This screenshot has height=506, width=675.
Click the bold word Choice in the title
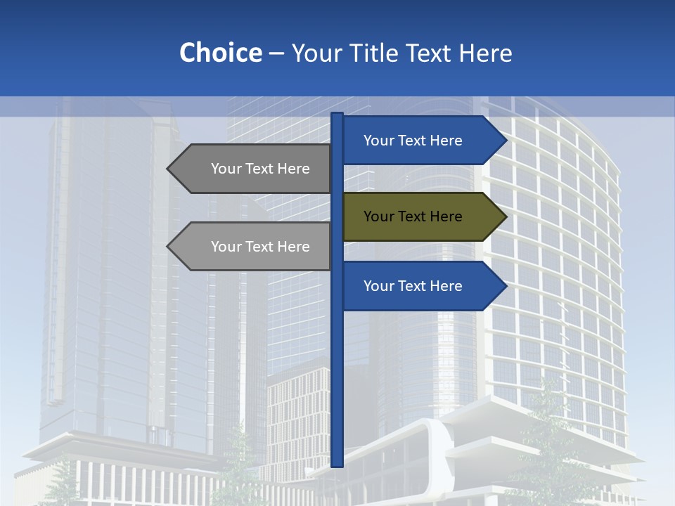[220, 53]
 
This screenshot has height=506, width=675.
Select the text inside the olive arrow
[413, 216]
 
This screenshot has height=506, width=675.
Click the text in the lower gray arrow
[260, 247]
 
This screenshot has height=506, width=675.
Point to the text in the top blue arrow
[413, 141]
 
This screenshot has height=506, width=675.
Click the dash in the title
[276, 53]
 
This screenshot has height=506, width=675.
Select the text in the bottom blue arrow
[413, 286]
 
